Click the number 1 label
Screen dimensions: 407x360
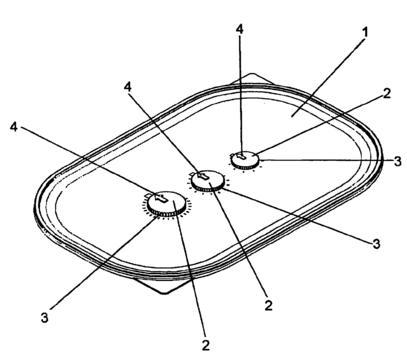366,32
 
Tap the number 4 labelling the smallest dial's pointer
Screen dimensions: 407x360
240,29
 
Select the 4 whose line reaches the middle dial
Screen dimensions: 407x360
127,87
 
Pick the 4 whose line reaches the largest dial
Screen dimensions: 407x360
14,127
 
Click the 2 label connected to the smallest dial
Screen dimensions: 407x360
386,93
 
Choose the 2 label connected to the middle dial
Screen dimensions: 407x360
269,305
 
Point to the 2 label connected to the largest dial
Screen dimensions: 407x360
206,345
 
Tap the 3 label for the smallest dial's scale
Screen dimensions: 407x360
397,161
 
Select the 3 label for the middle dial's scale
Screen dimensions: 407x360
376,244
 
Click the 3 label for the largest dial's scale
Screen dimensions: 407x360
45,317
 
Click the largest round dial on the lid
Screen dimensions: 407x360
167,204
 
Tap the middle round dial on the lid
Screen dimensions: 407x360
207,181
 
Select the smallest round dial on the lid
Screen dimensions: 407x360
245,159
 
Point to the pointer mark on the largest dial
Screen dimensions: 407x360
160,198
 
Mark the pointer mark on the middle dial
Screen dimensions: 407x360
203,176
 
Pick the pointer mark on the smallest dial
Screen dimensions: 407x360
241,156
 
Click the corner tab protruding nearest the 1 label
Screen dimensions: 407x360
252,79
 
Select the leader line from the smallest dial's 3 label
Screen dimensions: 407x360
326,160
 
